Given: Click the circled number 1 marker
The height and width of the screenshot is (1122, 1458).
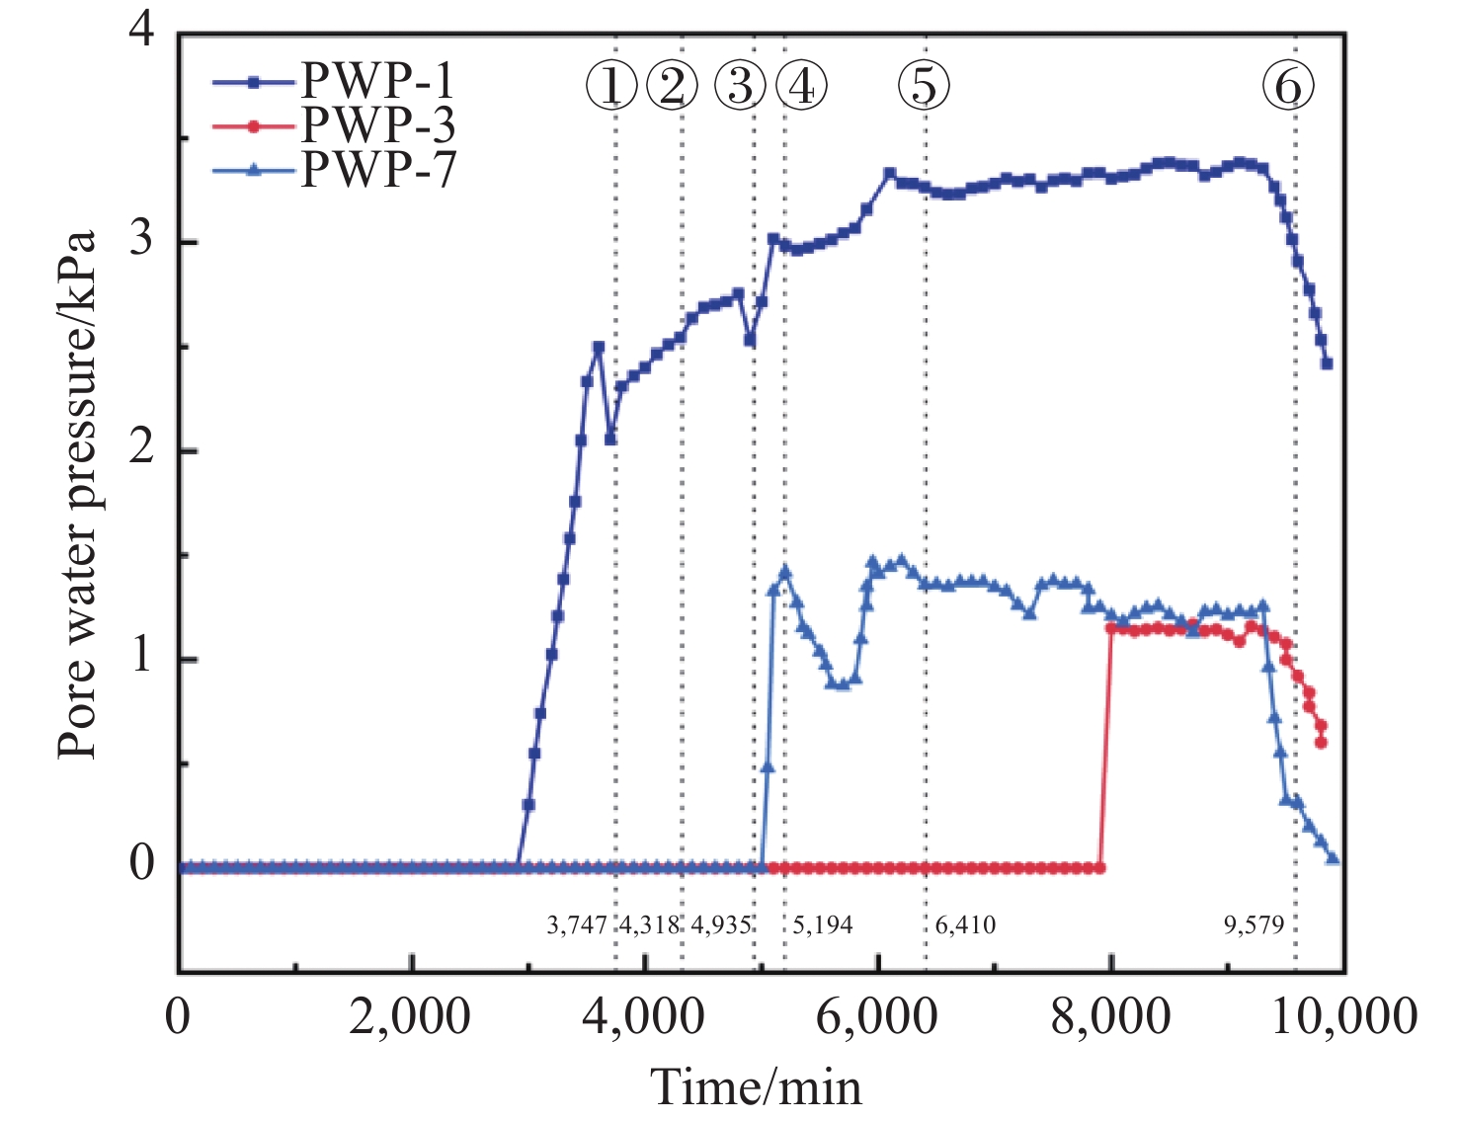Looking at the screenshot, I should [x=611, y=86].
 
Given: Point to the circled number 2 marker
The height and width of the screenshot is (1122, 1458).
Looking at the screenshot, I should [x=672, y=86].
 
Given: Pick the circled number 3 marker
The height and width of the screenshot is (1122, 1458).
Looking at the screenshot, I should [x=740, y=86].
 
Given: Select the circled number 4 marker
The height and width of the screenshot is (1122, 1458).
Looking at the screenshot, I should [x=801, y=86].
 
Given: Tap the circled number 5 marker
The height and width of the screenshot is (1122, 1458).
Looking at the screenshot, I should [x=924, y=86].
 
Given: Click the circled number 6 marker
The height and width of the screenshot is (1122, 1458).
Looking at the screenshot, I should [x=1288, y=86].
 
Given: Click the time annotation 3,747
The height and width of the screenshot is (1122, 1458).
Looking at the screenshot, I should [x=577, y=925].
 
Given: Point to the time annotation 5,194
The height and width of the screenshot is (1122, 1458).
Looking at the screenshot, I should [x=823, y=925].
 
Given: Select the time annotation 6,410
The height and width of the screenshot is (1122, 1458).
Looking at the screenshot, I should [x=965, y=925].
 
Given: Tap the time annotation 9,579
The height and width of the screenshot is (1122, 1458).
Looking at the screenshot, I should [x=1254, y=925].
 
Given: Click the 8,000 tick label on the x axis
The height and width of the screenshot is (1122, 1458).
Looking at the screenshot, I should [x=1111, y=1016].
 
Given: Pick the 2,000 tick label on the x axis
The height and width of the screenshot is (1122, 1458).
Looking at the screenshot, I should [x=410, y=1016].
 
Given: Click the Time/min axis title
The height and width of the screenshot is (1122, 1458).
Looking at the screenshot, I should [x=756, y=1087].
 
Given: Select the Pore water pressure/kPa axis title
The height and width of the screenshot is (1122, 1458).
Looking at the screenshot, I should [x=77, y=494].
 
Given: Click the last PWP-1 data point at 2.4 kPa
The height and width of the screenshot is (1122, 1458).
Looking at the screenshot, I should [x=1327, y=363].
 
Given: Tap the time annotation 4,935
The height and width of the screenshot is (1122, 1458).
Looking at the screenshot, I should [x=721, y=925].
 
